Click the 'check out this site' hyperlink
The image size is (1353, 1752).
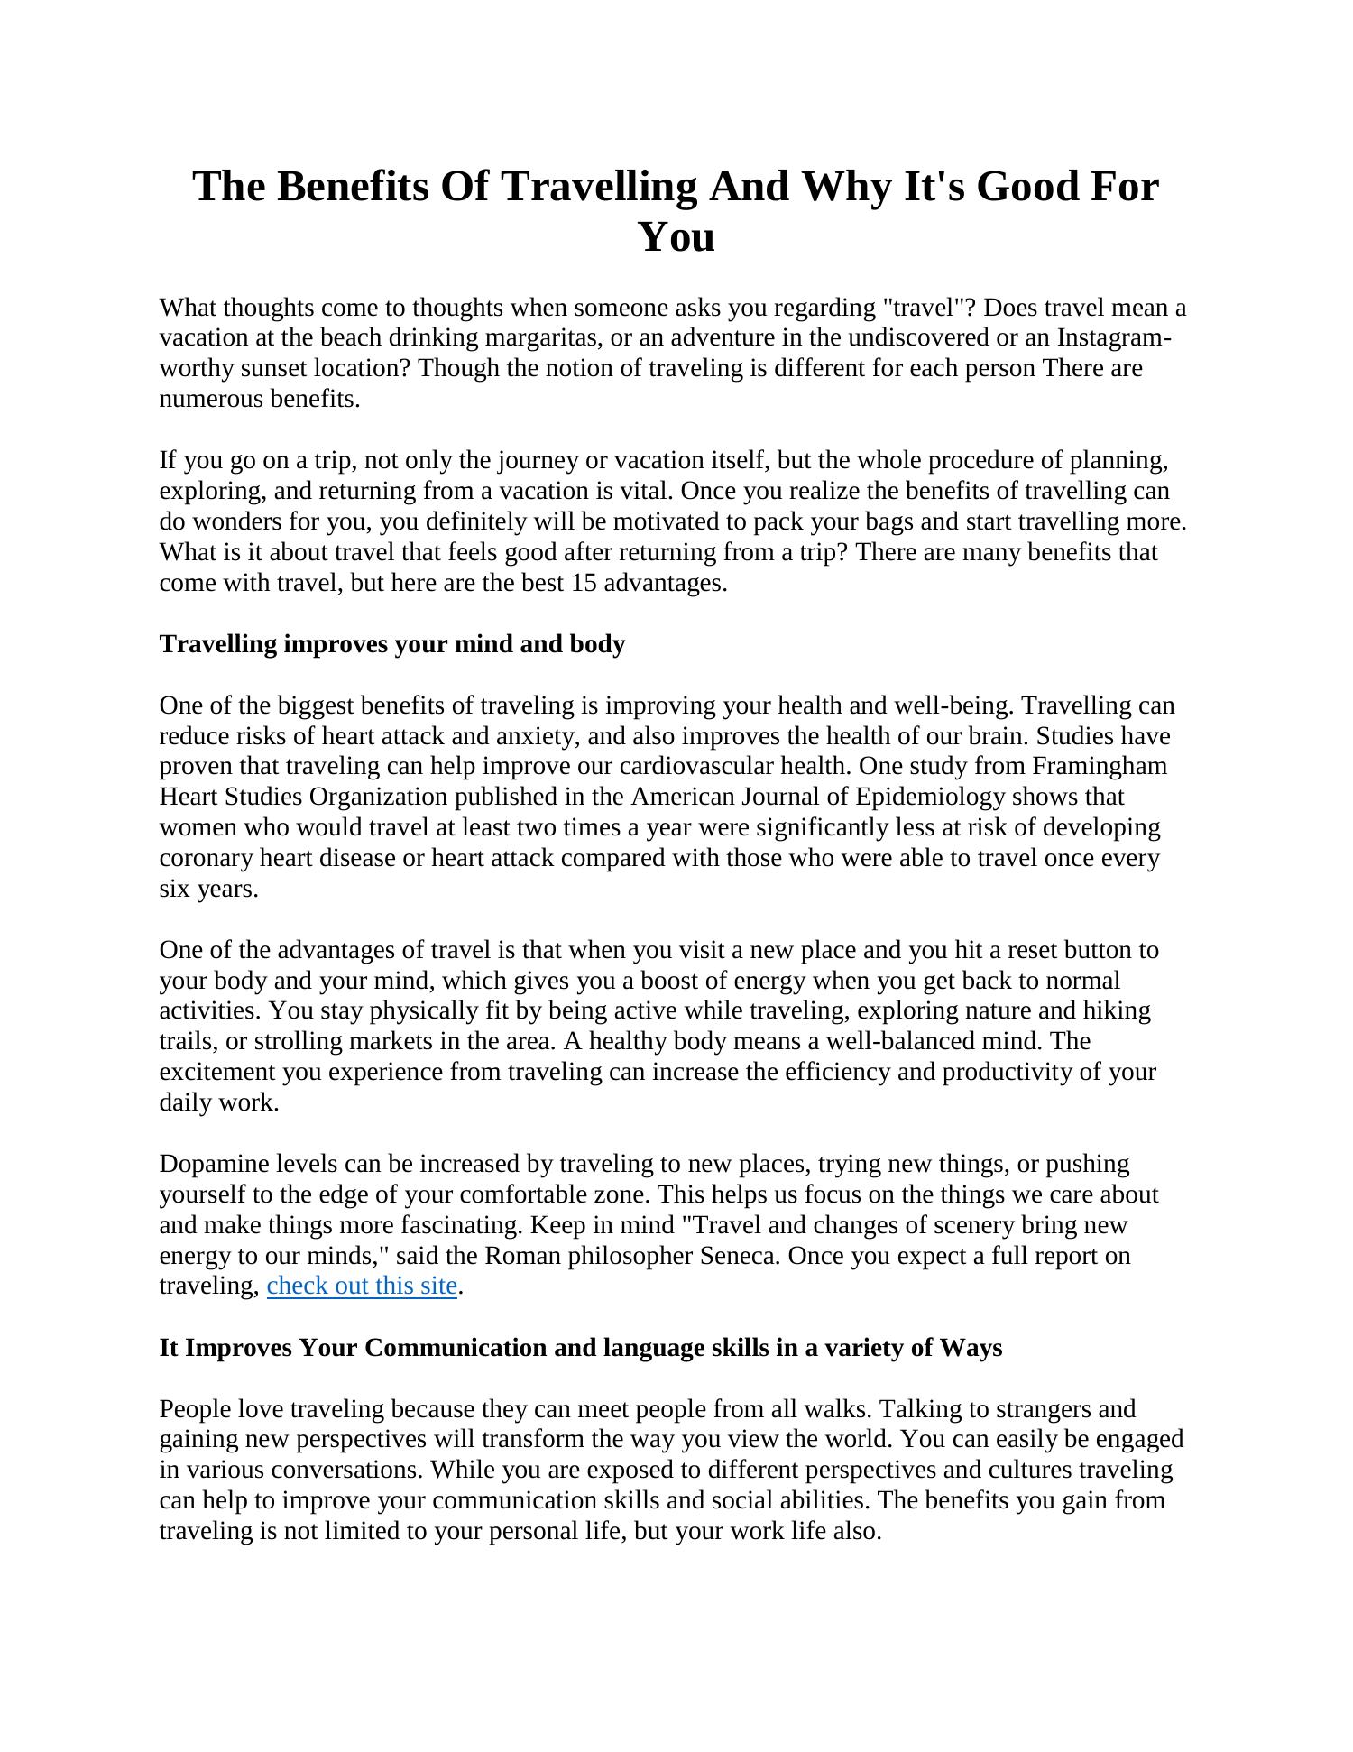(362, 1285)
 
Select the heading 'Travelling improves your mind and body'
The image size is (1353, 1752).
(391, 644)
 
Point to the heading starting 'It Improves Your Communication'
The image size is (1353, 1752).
(580, 1347)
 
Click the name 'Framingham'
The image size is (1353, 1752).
(1099, 766)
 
